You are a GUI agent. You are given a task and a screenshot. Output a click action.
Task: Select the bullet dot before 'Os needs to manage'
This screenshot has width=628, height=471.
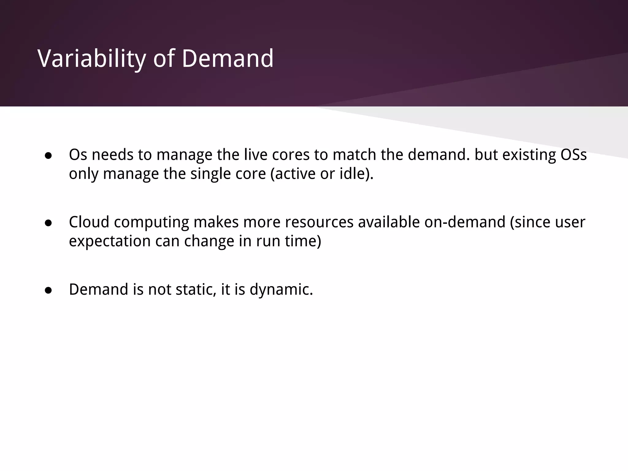[x=48, y=156]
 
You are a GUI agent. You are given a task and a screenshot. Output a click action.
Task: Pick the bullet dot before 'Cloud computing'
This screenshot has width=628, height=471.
[x=48, y=223]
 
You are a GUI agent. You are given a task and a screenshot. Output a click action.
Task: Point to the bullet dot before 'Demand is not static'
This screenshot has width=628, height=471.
[x=48, y=290]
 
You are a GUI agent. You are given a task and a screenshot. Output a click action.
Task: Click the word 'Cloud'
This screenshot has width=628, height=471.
[x=89, y=222]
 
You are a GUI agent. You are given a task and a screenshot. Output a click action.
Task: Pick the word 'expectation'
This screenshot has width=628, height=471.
[x=110, y=241]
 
